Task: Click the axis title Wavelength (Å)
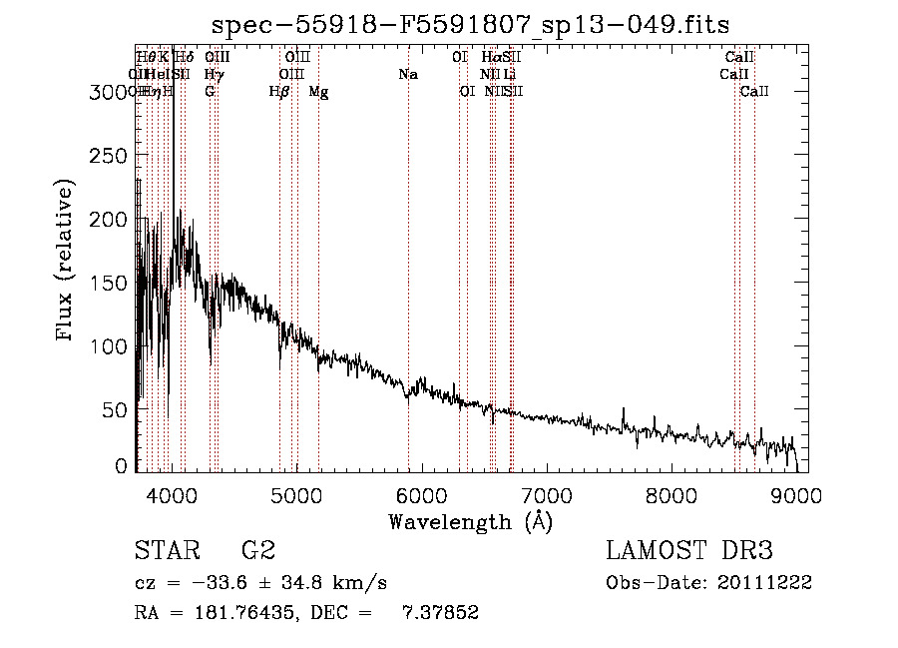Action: pyautogui.click(x=471, y=521)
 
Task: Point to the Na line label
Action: pyautogui.click(x=407, y=74)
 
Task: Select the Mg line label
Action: pyautogui.click(x=318, y=92)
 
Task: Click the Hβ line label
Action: pyautogui.click(x=279, y=92)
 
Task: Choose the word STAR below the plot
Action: pyautogui.click(x=167, y=551)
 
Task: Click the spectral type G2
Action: pyautogui.click(x=257, y=551)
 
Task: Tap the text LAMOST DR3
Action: pyautogui.click(x=689, y=551)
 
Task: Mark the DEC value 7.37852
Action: pyautogui.click(x=444, y=613)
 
